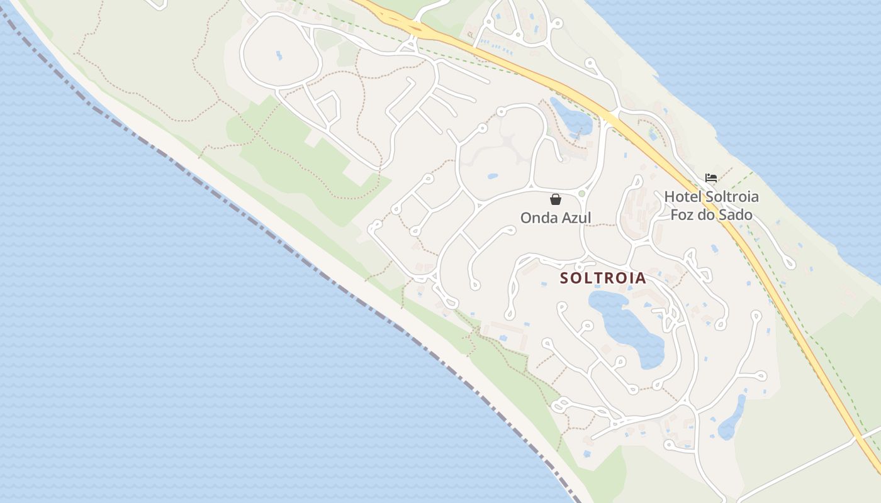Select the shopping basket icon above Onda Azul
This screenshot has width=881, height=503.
[x=556, y=200]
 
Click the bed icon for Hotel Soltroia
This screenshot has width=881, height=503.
[x=711, y=178]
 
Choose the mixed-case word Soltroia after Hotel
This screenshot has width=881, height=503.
[x=732, y=197]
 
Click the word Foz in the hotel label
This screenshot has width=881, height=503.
[x=682, y=214]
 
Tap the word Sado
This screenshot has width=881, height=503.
[x=737, y=214]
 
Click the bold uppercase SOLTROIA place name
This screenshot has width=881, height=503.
[x=603, y=278]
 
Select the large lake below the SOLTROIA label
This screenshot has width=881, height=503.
[x=629, y=327]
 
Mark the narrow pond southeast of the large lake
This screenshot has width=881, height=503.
[x=731, y=418]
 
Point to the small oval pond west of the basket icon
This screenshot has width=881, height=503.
[x=492, y=177]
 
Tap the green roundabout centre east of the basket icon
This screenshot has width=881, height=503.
[x=581, y=194]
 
